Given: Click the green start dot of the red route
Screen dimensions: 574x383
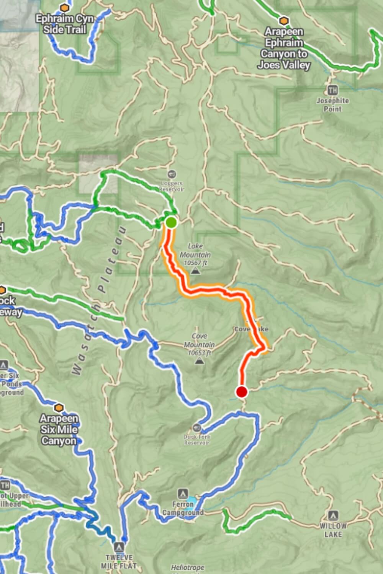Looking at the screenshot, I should tap(171, 222).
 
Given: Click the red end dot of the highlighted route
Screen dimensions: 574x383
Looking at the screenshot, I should tap(242, 392).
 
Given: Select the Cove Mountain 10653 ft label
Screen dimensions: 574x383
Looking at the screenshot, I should tap(199, 344).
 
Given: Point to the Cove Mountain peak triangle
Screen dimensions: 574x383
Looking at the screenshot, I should tap(199, 360).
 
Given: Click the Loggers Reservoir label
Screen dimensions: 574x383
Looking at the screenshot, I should tap(172, 186).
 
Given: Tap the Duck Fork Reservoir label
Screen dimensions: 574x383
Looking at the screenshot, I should tap(197, 440).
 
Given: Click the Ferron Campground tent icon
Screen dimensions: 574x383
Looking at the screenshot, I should tap(183, 493).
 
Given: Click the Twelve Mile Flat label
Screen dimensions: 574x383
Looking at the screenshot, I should tap(119, 561).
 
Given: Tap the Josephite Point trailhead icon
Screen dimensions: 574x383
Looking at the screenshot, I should tap(332, 90).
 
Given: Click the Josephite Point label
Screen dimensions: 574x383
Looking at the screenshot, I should tap(332, 104).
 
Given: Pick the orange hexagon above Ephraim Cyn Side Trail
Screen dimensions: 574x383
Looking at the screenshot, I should tap(64, 7).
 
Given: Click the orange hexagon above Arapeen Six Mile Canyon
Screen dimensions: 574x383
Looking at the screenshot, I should tap(59, 408).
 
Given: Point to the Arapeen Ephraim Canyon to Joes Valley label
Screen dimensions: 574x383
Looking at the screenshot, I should tap(284, 48).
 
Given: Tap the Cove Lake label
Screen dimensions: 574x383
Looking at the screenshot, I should tap(251, 329).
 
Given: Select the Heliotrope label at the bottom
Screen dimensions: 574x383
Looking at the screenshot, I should tap(188, 568).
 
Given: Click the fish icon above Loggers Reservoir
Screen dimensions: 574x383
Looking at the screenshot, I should tap(172, 174).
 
